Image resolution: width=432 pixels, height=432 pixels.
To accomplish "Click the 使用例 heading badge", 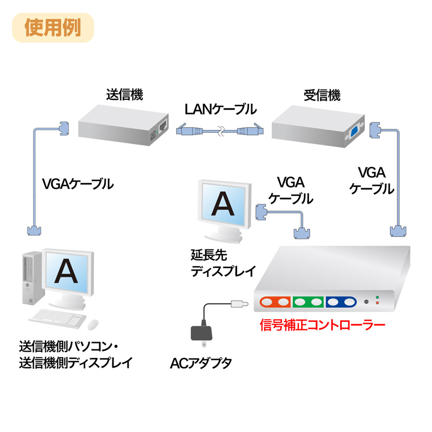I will click(x=53, y=28).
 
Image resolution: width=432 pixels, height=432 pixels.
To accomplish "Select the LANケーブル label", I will click(x=220, y=109).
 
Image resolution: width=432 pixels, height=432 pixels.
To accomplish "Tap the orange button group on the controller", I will click(x=275, y=302).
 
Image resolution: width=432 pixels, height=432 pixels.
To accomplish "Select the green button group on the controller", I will click(x=309, y=302).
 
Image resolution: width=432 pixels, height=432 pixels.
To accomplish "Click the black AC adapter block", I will click(x=202, y=334).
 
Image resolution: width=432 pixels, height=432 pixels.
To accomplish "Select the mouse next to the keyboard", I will click(x=93, y=323).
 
